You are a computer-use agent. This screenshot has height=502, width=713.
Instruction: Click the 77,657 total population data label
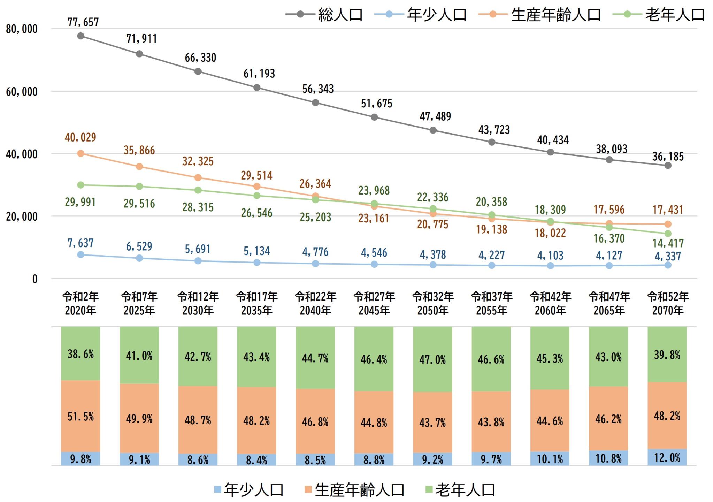click(x=83, y=22)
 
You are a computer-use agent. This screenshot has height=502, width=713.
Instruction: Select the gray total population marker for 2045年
click(x=374, y=117)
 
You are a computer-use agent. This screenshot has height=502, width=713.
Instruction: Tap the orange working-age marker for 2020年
click(x=80, y=153)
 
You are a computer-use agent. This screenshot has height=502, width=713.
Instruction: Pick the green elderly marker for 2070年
click(x=668, y=234)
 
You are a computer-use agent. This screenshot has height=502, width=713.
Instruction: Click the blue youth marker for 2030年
click(x=198, y=261)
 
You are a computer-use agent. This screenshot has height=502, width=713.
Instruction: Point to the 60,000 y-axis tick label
click(x=22, y=92)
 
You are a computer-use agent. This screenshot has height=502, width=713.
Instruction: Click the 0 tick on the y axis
click(x=35, y=279)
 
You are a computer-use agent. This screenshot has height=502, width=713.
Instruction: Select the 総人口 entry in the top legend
click(x=324, y=15)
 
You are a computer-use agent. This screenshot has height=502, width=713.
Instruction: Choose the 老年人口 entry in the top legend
click(x=659, y=15)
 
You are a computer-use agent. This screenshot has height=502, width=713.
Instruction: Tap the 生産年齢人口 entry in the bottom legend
click(x=354, y=490)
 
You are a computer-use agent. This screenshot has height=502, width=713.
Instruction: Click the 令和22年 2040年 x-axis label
click(x=315, y=303)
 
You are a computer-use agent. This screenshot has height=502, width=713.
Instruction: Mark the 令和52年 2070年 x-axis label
click(x=668, y=303)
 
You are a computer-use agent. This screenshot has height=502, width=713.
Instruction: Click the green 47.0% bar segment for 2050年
click(x=432, y=359)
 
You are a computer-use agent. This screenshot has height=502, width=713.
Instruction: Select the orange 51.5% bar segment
click(x=80, y=416)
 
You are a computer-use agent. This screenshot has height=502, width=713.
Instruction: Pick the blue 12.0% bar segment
click(x=667, y=457)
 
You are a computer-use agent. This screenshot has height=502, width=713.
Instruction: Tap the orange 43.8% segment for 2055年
click(x=491, y=422)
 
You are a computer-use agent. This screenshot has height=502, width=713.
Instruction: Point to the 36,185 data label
click(x=668, y=157)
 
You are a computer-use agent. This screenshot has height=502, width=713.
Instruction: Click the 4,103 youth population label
click(x=550, y=256)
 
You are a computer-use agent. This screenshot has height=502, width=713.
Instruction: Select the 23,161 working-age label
click(x=374, y=219)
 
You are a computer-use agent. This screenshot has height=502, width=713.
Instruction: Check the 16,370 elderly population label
click(x=609, y=238)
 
